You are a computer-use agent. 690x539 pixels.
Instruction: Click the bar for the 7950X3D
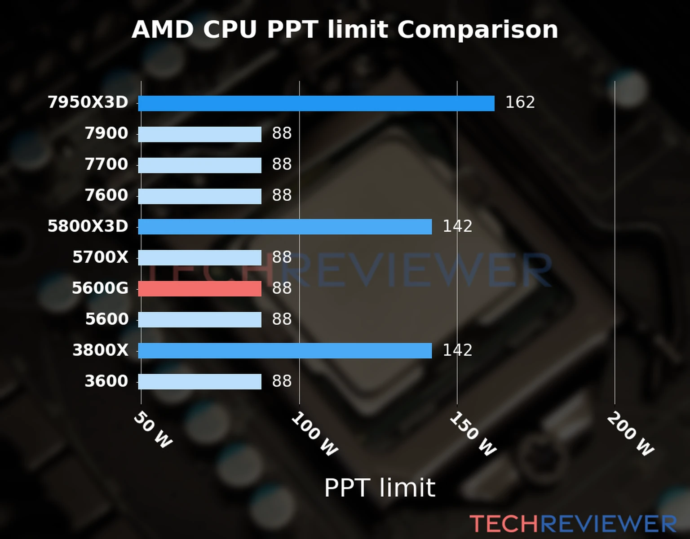click(x=316, y=103)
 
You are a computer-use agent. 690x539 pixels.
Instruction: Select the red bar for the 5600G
click(x=199, y=289)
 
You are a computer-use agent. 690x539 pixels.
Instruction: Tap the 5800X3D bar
click(x=285, y=227)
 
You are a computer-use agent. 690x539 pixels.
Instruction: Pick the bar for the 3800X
click(x=285, y=351)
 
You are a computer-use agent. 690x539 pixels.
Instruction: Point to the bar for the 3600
click(x=199, y=382)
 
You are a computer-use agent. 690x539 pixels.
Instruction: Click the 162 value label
click(x=520, y=102)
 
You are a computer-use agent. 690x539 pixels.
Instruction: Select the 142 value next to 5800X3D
click(x=457, y=226)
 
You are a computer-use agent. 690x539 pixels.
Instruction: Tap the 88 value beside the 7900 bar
click(x=282, y=133)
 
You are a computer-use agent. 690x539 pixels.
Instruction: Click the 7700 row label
click(x=106, y=164)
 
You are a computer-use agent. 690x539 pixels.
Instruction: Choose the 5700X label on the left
click(x=100, y=257)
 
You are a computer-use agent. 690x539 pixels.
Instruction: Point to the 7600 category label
click(x=106, y=195)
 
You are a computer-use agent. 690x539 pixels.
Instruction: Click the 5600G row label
click(x=100, y=288)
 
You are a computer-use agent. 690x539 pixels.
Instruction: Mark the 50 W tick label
click(x=153, y=430)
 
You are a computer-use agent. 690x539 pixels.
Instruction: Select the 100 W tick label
click(x=314, y=435)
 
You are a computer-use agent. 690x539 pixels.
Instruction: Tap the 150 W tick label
click(x=473, y=434)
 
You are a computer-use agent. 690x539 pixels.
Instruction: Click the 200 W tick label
click(x=630, y=434)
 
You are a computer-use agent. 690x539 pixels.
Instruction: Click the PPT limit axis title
click(x=380, y=488)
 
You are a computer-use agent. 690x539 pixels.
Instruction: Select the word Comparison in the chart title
click(x=478, y=30)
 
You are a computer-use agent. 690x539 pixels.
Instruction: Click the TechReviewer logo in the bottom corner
click(x=573, y=524)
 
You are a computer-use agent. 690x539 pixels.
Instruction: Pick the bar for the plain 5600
click(x=199, y=320)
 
